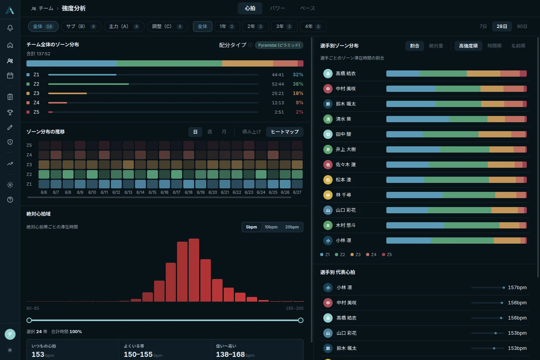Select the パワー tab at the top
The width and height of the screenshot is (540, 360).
[x=277, y=9]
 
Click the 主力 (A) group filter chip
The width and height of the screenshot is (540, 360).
[x=124, y=26]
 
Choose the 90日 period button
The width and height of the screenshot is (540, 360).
[x=522, y=26]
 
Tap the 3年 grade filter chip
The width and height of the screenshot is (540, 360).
[x=284, y=26]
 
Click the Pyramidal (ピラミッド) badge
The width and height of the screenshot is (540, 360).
[x=279, y=45]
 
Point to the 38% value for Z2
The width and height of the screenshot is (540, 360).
[x=298, y=84]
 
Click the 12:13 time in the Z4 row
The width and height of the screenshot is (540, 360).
[x=278, y=103]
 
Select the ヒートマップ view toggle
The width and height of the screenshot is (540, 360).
[x=285, y=132]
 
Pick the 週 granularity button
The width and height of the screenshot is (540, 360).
[x=209, y=132]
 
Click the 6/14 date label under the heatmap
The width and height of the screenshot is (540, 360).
[x=140, y=192]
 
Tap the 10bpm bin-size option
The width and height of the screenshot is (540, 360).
[x=271, y=227]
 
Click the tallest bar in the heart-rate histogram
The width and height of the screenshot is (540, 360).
[x=194, y=270]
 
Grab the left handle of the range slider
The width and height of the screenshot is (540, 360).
[x=29, y=320]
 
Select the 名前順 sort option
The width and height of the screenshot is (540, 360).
[x=518, y=46]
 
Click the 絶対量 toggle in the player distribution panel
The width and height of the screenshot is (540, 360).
[x=436, y=46]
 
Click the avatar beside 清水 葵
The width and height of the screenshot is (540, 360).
[x=328, y=119]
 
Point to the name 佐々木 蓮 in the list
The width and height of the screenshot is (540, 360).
[x=346, y=165]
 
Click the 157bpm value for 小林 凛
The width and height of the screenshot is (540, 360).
[x=517, y=288]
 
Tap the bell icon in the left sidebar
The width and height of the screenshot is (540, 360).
[x=10, y=28]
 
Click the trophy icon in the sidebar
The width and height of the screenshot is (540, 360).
[x=10, y=112]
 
